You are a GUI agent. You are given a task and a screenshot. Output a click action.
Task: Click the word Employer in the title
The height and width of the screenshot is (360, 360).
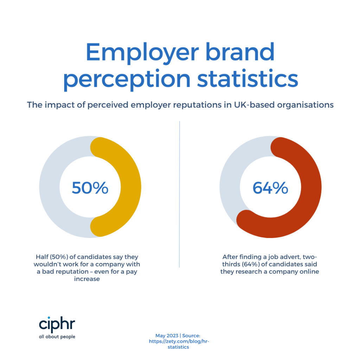(x=142, y=53)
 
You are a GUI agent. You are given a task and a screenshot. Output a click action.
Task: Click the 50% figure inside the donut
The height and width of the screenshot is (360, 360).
(x=90, y=188)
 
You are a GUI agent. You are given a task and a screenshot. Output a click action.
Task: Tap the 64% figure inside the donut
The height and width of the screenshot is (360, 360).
(x=270, y=188)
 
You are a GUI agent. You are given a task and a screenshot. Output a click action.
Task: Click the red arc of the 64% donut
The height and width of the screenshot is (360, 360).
(x=309, y=190)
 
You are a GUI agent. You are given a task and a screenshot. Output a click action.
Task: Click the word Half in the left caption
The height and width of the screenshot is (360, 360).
(x=43, y=257)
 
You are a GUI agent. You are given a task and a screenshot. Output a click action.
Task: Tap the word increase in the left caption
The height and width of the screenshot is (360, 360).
(x=90, y=279)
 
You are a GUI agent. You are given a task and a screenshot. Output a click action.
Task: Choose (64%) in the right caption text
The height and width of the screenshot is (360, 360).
(x=248, y=264)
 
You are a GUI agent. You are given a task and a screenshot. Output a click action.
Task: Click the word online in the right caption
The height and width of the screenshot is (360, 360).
(x=309, y=272)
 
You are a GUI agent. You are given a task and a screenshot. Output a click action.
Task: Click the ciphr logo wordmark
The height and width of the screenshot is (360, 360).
(x=57, y=324)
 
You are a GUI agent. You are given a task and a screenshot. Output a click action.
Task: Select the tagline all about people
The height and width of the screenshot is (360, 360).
(x=57, y=336)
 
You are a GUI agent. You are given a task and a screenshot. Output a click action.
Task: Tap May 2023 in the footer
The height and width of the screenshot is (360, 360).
(x=167, y=336)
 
